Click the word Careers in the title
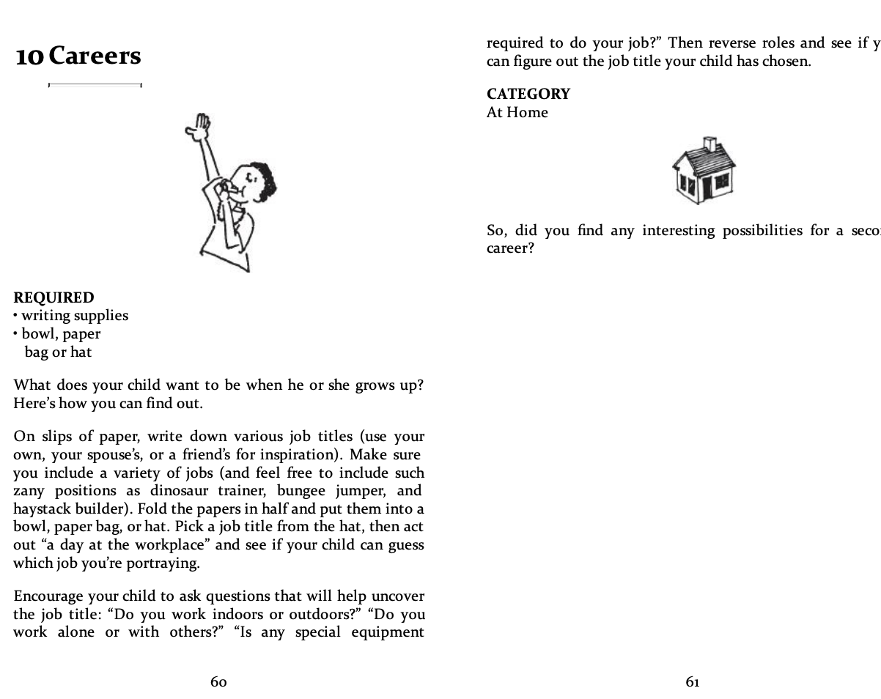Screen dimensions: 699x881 (x=95, y=56)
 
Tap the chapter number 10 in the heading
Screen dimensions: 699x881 (x=29, y=56)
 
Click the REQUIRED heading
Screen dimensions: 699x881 (x=54, y=297)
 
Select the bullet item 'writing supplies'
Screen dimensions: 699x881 (x=74, y=316)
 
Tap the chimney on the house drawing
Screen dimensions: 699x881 (x=709, y=144)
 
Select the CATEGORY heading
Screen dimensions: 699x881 (x=528, y=94)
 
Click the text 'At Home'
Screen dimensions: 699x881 (x=517, y=112)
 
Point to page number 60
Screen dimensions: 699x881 (x=218, y=682)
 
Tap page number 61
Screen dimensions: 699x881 (x=693, y=682)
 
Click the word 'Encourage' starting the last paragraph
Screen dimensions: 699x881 (x=48, y=596)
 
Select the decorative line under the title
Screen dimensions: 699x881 (x=95, y=85)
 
